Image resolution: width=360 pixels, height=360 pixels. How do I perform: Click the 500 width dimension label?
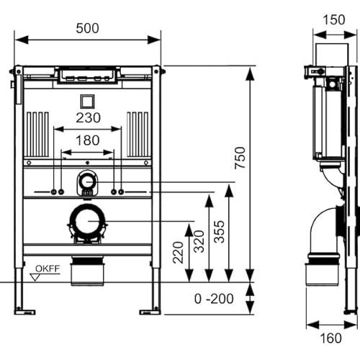(x=87, y=28)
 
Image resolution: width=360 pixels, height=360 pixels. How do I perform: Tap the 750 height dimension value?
(x=240, y=158)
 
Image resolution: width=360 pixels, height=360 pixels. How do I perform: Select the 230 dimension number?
(x=88, y=118)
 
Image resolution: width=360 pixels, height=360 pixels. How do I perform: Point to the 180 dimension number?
(x=88, y=140)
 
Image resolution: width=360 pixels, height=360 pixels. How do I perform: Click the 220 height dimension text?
(x=179, y=253)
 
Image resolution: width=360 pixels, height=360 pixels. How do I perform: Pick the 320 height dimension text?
(x=199, y=241)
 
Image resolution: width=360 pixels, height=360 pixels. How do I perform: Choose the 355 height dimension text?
(x=219, y=232)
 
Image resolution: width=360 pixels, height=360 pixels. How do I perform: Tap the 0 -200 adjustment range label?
(x=214, y=299)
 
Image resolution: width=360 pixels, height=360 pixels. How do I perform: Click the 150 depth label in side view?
(x=334, y=20)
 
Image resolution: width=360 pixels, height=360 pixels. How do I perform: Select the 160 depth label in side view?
(x=330, y=338)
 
